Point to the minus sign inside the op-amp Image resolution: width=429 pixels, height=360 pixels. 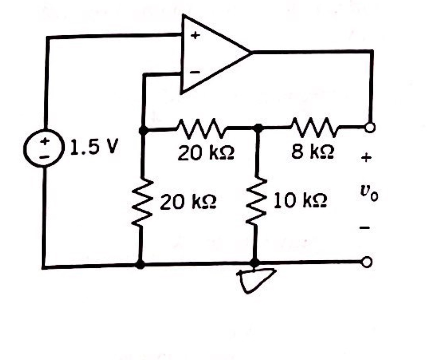(x=194, y=72)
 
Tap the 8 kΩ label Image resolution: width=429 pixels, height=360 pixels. (x=312, y=153)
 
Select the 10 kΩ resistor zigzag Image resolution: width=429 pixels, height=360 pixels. (x=256, y=200)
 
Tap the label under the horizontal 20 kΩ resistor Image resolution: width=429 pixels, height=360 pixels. (x=205, y=154)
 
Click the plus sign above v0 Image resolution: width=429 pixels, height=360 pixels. (x=366, y=158)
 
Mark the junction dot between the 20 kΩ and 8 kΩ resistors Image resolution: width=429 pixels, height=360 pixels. (x=258, y=127)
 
